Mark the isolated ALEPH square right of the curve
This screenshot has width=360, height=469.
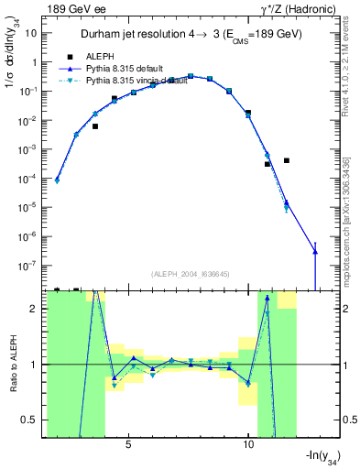[x=287, y=160]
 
